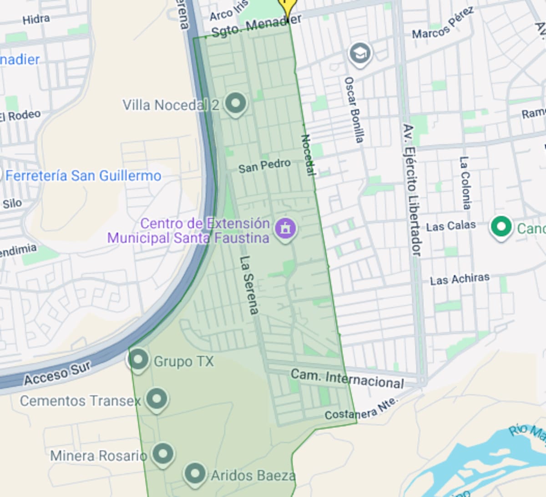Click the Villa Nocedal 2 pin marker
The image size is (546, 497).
click(x=235, y=104)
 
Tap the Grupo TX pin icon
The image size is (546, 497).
click(x=138, y=360)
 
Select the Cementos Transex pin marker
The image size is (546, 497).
click(x=157, y=400)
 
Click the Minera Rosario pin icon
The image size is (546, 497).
click(x=162, y=454)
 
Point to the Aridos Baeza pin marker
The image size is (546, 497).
click(x=195, y=474)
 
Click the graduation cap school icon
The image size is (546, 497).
click(x=360, y=54)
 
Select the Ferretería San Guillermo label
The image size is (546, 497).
click(x=83, y=176)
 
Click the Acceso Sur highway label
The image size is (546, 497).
click(x=58, y=373)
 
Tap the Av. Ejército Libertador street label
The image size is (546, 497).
click(x=412, y=189)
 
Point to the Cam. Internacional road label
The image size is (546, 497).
click(x=347, y=379)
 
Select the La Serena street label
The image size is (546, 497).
click(x=249, y=285)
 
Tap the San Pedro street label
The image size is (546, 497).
click(x=264, y=166)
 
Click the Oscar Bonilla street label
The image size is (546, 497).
click(x=354, y=109)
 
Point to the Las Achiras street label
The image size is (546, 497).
click(x=460, y=279)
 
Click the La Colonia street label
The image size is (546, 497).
click(x=465, y=183)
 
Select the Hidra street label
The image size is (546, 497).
click(x=36, y=19)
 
